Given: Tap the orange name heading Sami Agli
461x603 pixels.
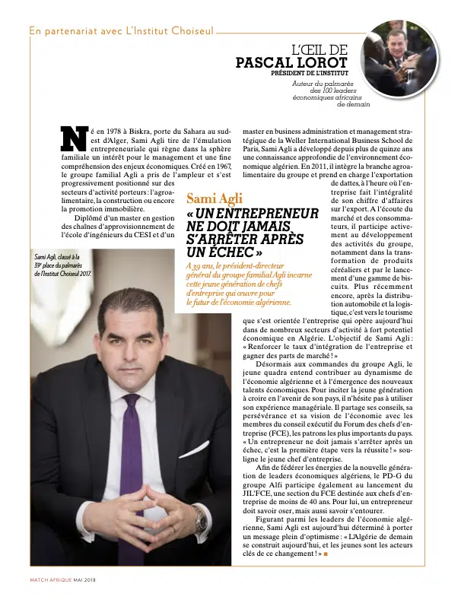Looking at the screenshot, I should click(x=215, y=199).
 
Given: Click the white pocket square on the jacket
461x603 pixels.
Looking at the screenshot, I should click(x=193, y=449).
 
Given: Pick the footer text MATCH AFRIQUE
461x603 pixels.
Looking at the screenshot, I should click(x=50, y=580).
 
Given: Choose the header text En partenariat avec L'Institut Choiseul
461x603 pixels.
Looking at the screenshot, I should click(x=121, y=31).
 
